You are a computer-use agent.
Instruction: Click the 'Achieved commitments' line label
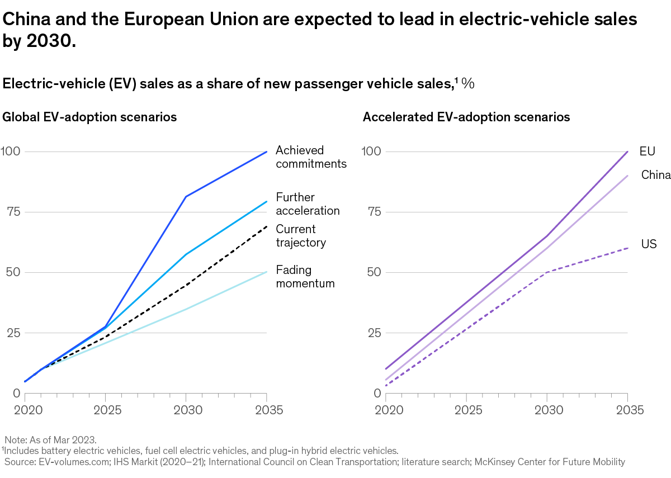click(x=311, y=157)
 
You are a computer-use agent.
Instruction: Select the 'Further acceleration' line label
click(x=308, y=204)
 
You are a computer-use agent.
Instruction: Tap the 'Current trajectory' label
click(x=300, y=236)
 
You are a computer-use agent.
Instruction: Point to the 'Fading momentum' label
click(x=305, y=276)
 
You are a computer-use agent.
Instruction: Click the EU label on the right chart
click(x=647, y=152)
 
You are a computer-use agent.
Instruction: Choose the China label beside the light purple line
click(x=655, y=175)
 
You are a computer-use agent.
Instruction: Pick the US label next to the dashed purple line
click(x=649, y=244)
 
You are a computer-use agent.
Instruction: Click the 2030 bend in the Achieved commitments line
click(x=186, y=197)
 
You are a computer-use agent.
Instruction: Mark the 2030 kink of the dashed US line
click(x=546, y=272)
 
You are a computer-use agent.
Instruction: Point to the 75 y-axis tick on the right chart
click(x=373, y=212)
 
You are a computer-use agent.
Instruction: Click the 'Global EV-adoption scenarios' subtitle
click(x=90, y=117)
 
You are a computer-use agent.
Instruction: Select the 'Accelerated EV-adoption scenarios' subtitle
click(x=466, y=117)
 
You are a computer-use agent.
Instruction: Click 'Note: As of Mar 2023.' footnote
click(x=44, y=440)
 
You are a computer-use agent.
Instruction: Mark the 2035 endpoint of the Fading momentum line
click(x=267, y=272)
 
